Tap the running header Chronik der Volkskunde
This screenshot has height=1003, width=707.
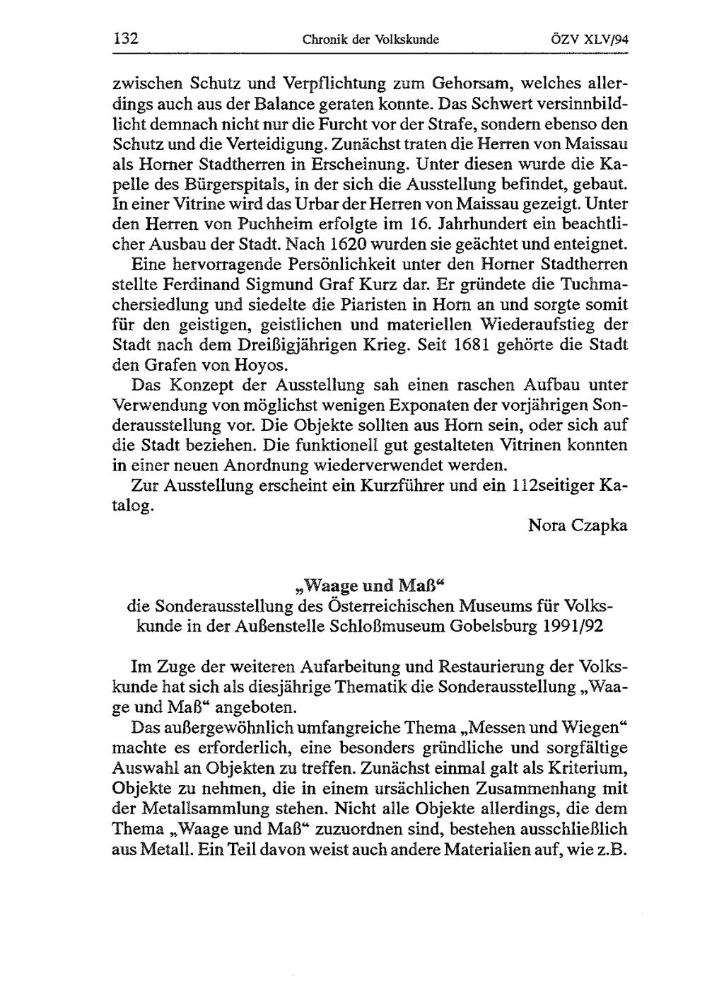[x=370, y=40]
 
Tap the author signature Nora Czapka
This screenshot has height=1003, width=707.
[x=578, y=526]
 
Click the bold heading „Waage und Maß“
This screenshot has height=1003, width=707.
[x=371, y=586]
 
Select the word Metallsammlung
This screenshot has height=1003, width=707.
[x=209, y=810]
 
